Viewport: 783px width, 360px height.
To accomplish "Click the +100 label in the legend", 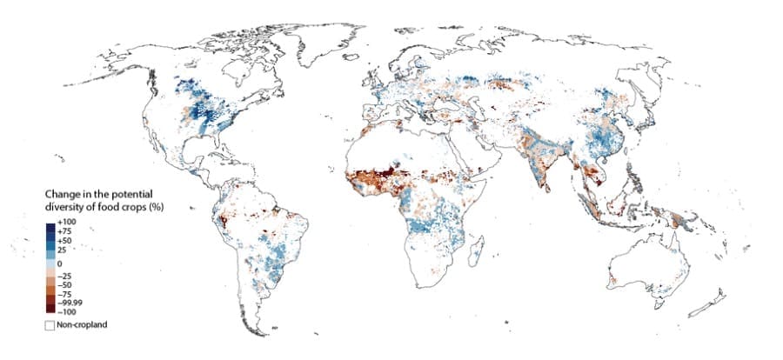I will pos(67,223).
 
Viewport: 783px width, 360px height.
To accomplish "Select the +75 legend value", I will pos(66,232).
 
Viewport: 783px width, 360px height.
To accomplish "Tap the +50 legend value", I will pos(66,241).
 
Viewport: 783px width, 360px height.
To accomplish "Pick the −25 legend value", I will pos(66,276).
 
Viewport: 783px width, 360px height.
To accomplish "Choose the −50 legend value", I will pos(66,284).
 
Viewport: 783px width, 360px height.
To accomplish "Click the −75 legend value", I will pos(66,294).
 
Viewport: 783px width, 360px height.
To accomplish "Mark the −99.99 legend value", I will pos(70,302).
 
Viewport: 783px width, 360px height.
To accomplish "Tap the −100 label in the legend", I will pos(67,310).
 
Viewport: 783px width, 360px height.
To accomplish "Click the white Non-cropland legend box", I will pos(50,324).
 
